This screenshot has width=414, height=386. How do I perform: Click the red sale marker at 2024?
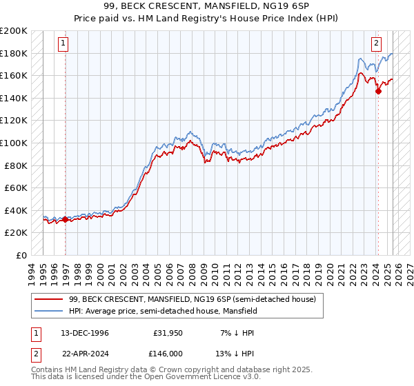coord(378,91)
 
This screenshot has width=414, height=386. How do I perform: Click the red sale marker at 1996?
coord(66,220)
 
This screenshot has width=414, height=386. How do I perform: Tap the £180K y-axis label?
coord(14,53)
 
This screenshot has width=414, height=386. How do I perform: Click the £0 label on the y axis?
coord(22,255)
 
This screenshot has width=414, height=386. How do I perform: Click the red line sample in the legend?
coord(48,299)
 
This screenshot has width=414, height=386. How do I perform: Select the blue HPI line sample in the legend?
coord(48,311)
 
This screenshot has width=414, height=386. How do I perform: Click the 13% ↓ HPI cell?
coord(237,352)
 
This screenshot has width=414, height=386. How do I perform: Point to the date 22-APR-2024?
coord(79,352)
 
